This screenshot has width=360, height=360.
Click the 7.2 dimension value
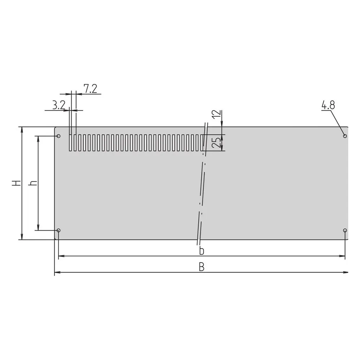pyautogui.click(x=90, y=89)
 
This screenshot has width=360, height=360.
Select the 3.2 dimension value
pyautogui.click(x=59, y=105)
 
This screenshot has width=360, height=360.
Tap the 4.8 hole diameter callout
pyautogui.click(x=328, y=105)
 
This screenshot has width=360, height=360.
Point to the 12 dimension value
pyautogui.click(x=216, y=114)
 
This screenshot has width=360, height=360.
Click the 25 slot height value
pyautogui.click(x=216, y=142)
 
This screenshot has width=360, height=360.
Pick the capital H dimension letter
pyautogui.click(x=17, y=183)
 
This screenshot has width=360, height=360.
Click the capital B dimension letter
pyautogui.click(x=202, y=267)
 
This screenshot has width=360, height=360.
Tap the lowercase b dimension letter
pyautogui.click(x=202, y=251)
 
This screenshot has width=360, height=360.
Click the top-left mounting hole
pyautogui.click(x=59, y=136)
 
